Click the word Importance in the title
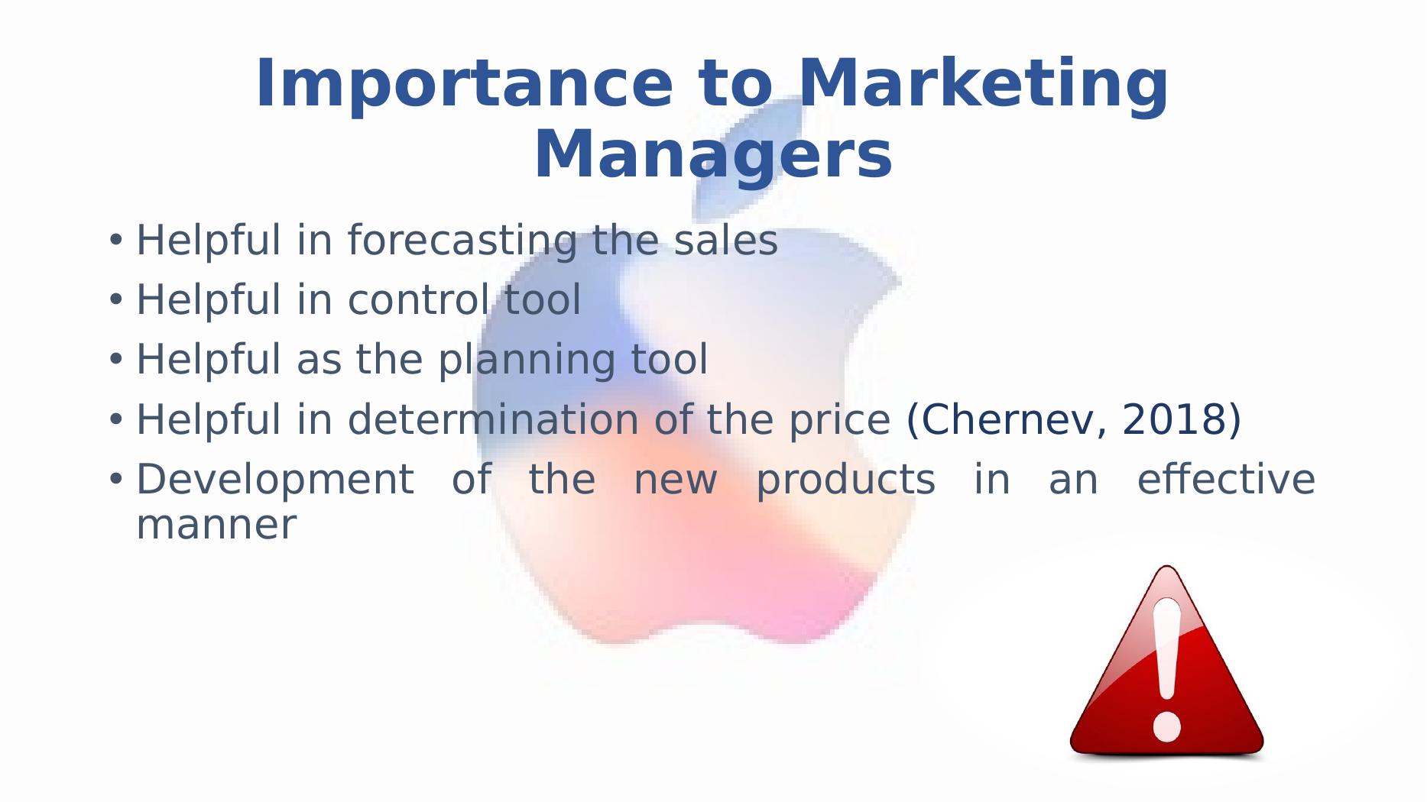[463, 84]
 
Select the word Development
[275, 480]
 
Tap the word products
[845, 480]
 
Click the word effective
[1226, 479]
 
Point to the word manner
[216, 526]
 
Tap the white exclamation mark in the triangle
[1167, 669]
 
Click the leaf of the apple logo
[749, 157]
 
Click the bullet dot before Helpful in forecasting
[115, 240]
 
